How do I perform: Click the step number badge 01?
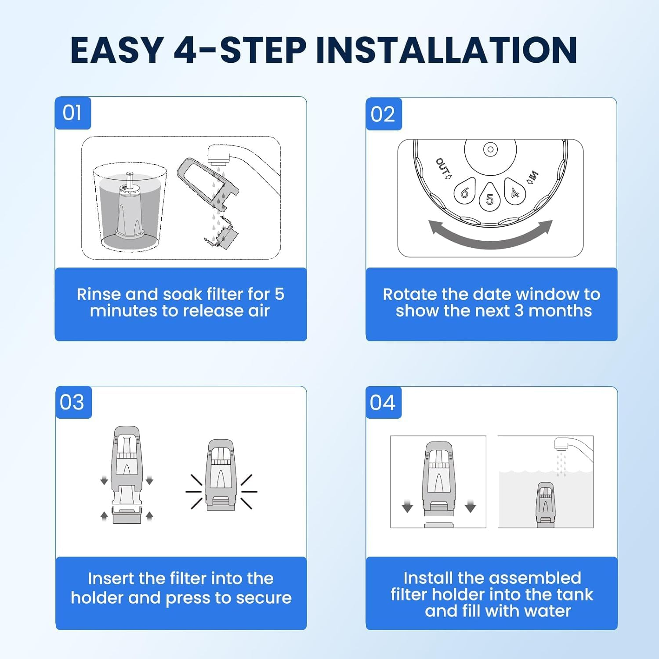click(x=73, y=113)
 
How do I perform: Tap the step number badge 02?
click(x=384, y=114)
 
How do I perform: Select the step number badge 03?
click(x=73, y=402)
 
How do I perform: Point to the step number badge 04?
click(x=384, y=403)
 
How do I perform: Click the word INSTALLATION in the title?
click(x=446, y=50)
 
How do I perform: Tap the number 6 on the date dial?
click(x=464, y=192)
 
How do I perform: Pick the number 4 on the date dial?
click(x=515, y=192)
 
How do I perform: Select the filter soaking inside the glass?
click(x=129, y=206)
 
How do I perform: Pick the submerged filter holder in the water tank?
click(x=545, y=505)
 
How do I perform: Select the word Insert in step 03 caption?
click(x=111, y=578)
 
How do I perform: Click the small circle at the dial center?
click(x=490, y=149)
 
